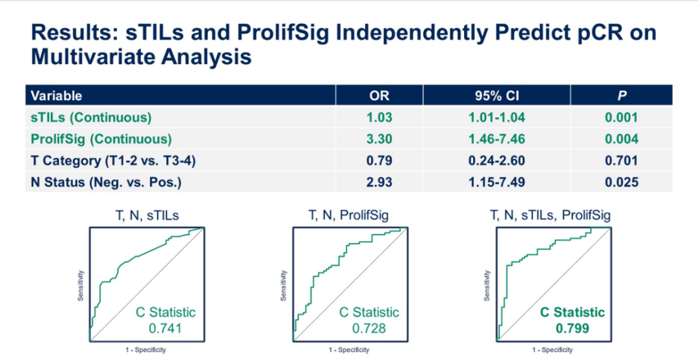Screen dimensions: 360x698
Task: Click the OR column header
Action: [379, 96]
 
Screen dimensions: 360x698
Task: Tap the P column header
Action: [621, 96]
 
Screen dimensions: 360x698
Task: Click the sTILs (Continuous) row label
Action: [91, 117]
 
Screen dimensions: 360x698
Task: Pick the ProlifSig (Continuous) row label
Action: [101, 139]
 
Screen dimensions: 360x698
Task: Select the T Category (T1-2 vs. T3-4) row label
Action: [113, 160]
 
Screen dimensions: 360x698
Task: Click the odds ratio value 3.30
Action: [379, 139]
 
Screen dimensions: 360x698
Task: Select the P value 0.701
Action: [621, 160]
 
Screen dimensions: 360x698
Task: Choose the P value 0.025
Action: [621, 182]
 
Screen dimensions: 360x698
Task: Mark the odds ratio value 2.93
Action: [379, 182]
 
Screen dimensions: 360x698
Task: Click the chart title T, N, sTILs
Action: [145, 216]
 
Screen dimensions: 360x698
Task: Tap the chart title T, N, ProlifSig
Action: [349, 216]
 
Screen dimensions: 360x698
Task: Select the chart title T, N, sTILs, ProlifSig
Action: [551, 216]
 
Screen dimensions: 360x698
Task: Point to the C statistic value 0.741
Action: [165, 328]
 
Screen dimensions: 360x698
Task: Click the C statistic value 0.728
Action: [369, 328]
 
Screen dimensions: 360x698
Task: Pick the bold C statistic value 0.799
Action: [573, 328]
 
